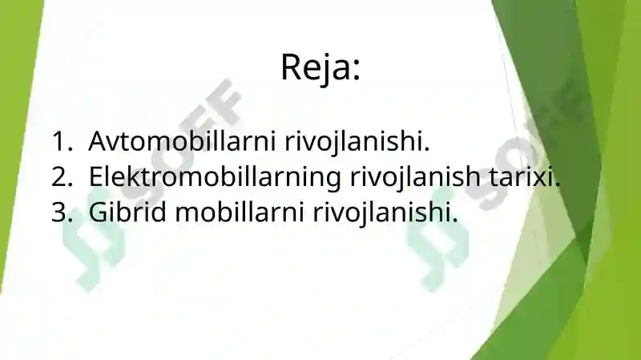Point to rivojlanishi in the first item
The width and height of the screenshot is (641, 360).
pos(357,142)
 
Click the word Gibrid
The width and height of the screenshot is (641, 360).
pos(127,212)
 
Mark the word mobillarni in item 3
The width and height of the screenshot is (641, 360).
pos(240,212)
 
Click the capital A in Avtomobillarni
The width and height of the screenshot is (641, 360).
pos(98,141)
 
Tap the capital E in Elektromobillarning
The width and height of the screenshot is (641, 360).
pos(95,176)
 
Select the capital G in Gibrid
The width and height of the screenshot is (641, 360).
pos(97,212)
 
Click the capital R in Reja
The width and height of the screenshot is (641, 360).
pos(292,67)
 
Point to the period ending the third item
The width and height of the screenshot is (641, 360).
pos(454,220)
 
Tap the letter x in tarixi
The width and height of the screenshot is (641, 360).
pos(541,179)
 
